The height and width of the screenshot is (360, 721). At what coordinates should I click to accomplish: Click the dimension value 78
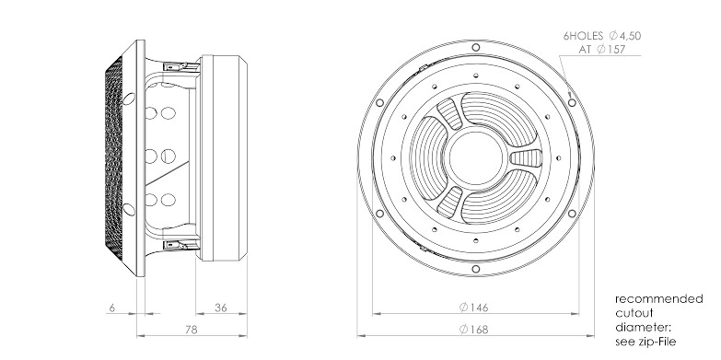(x=192, y=330)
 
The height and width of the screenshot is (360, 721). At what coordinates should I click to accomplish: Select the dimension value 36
(x=221, y=308)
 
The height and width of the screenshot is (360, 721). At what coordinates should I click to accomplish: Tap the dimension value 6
(x=112, y=308)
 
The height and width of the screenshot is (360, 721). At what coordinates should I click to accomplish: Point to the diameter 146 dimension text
(x=473, y=308)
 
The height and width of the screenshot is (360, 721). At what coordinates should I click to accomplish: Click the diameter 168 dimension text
(x=473, y=330)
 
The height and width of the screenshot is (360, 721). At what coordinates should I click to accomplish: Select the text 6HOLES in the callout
(x=583, y=36)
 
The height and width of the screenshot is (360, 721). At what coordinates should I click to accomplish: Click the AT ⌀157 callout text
(x=602, y=49)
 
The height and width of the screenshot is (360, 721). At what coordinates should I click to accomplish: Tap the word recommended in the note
(x=659, y=299)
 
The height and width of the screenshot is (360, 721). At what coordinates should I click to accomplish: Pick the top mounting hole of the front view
(x=476, y=47)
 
